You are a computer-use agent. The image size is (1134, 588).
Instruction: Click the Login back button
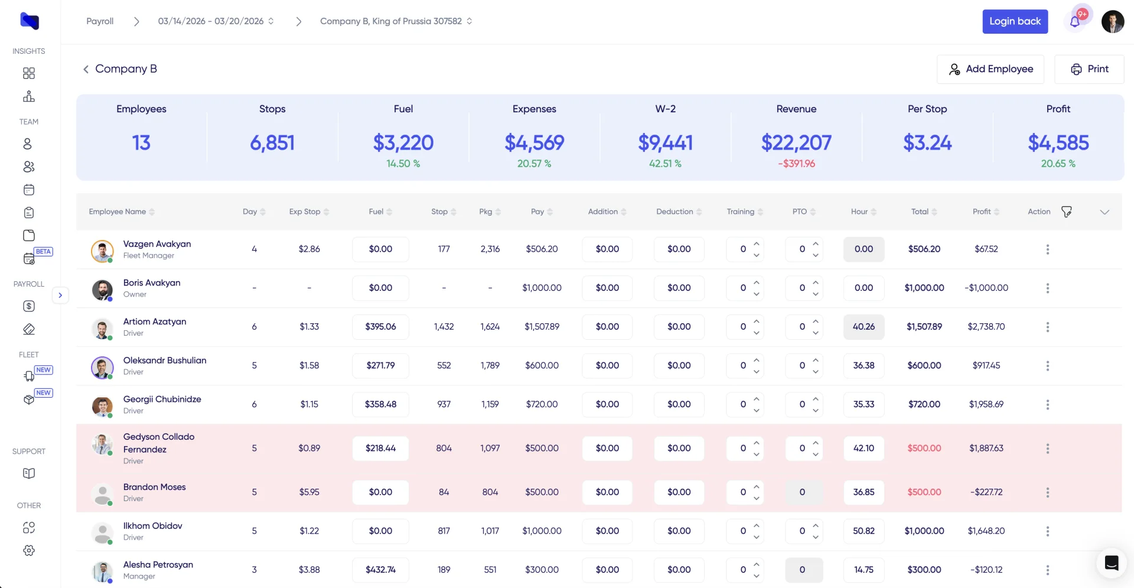[1015, 21]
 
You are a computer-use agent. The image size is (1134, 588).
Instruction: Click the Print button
[1089, 69]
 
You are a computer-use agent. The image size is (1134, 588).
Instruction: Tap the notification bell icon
[1075, 22]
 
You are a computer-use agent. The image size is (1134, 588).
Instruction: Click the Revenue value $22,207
[796, 142]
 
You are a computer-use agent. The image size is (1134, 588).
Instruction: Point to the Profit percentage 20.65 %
[1058, 164]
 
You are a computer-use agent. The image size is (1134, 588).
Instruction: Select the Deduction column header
[674, 212]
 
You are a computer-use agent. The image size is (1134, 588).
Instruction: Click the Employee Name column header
[118, 212]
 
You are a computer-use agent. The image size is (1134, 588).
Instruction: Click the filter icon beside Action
[1066, 212]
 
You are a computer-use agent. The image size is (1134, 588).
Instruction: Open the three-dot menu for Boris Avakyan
[1047, 288]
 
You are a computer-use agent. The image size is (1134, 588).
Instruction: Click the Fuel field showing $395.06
[380, 327]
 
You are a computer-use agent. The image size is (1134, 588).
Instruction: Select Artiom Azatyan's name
[155, 321]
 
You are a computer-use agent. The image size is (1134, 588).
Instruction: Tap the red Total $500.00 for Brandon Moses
[924, 492]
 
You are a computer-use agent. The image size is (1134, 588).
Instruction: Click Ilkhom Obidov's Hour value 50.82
[863, 531]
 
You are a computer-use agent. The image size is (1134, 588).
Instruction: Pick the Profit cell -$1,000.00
[986, 288]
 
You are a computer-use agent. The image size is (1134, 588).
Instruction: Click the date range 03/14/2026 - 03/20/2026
[211, 21]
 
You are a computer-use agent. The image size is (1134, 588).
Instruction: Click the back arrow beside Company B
[86, 69]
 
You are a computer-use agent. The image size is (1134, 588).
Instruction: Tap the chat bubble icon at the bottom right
[1111, 563]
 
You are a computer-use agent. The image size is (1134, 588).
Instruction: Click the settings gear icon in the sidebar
[29, 550]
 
